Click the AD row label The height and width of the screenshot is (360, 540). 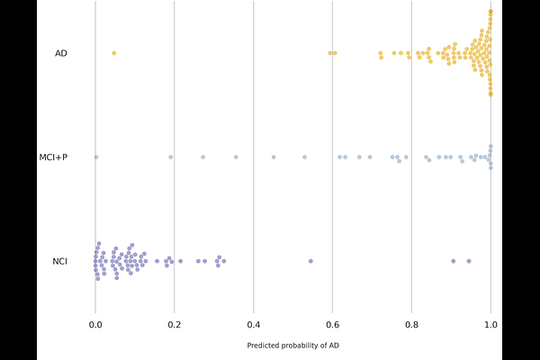(61, 53)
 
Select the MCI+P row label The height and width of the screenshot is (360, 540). (54, 157)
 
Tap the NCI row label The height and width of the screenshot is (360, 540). (60, 262)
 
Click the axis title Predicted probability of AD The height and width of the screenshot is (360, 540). (292, 346)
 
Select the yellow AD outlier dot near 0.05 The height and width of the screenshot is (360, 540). (113, 53)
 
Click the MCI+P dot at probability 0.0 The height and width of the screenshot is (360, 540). (95, 157)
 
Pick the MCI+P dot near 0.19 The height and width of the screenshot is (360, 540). (171, 157)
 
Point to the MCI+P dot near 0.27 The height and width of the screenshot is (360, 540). (202, 157)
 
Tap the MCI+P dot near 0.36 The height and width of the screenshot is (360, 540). (236, 157)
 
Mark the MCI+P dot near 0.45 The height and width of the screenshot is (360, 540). (274, 157)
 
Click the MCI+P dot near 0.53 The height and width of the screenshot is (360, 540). (304, 157)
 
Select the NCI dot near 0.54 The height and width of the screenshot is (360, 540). (310, 261)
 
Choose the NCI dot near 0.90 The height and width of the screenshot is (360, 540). (453, 261)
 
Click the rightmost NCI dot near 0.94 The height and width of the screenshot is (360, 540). (468, 261)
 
